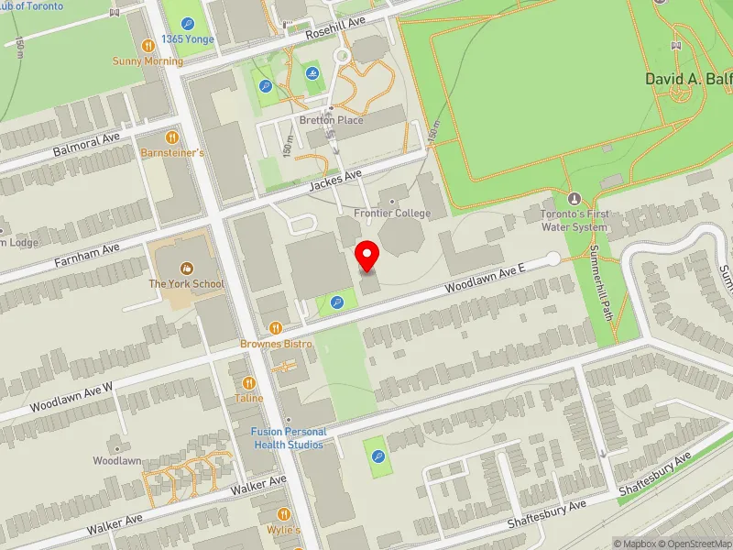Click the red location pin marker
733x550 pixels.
pyautogui.click(x=367, y=256)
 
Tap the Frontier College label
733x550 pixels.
pyautogui.click(x=393, y=214)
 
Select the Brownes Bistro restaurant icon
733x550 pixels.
pyautogui.click(x=276, y=327)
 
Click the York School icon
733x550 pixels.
pyautogui.click(x=187, y=268)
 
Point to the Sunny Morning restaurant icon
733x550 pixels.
pyautogui.click(x=148, y=45)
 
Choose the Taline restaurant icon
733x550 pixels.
pyautogui.click(x=248, y=382)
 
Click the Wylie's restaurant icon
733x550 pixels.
pyautogui.click(x=284, y=514)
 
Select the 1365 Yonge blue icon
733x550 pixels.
pyautogui.click(x=188, y=24)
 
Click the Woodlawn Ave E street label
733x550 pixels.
pyautogui.click(x=485, y=277)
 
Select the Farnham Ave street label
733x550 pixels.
pyautogui.click(x=87, y=254)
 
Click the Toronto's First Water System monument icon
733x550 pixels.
pyautogui.click(x=574, y=198)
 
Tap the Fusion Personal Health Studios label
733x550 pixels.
pyautogui.click(x=288, y=438)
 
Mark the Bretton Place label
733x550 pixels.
pyautogui.click(x=331, y=120)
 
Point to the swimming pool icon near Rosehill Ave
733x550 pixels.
pyautogui.click(x=313, y=72)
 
